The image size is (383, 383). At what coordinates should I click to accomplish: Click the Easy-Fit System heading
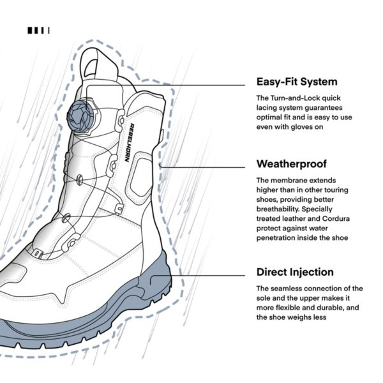coord(297,82)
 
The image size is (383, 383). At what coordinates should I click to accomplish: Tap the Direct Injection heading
coord(295,272)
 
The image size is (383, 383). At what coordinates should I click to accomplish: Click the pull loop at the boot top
coord(96,63)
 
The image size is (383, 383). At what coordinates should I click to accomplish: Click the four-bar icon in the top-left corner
coord(38,30)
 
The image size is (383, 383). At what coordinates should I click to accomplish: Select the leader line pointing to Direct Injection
coord(211,276)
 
